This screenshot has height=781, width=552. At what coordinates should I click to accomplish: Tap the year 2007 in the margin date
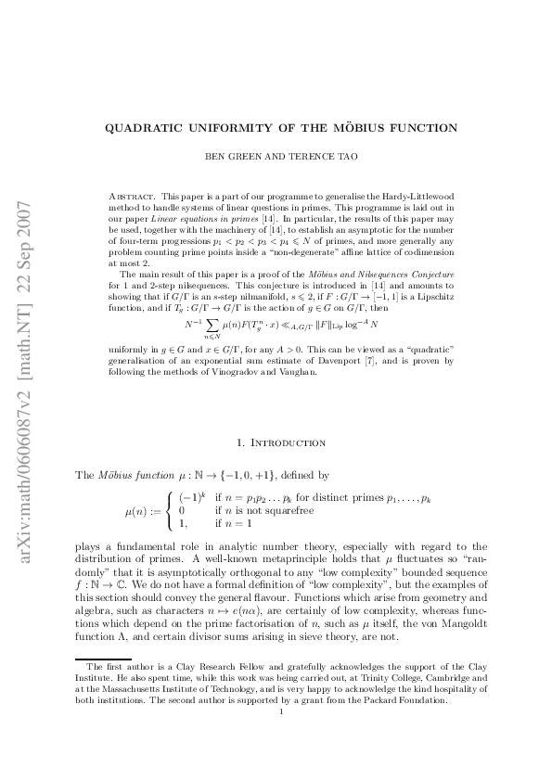tap(28, 215)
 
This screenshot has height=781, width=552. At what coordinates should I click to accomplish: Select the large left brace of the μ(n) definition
tap(169, 510)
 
